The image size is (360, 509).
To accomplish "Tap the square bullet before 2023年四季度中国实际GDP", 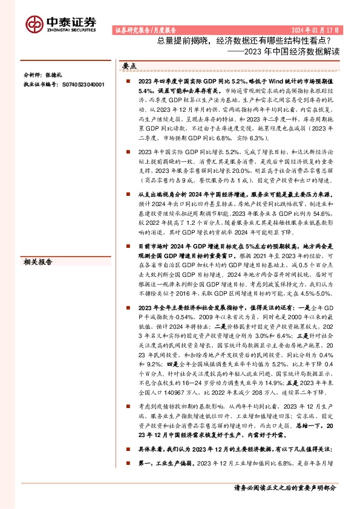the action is tap(128, 80).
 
